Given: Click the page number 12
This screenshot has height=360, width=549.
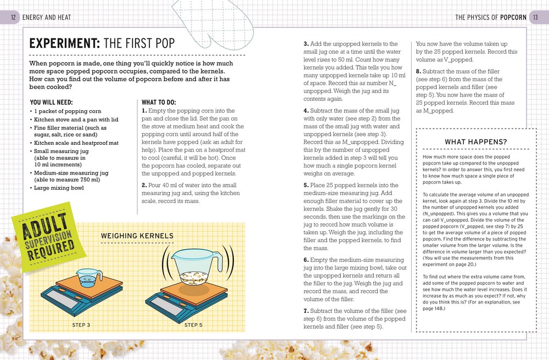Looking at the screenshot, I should pyautogui.click(x=13, y=18).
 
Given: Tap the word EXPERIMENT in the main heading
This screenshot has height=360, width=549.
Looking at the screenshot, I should pyautogui.click(x=63, y=44).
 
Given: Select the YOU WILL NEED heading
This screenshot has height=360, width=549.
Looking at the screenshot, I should pyautogui.click(x=51, y=102).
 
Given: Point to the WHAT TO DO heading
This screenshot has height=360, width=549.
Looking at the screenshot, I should pyautogui.click(x=159, y=102).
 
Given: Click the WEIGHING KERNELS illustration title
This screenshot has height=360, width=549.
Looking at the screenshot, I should pyautogui.click(x=137, y=237).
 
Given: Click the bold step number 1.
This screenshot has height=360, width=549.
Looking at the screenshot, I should pyautogui.click(x=144, y=111).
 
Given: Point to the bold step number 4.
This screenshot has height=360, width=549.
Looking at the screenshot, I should pyautogui.click(x=306, y=111).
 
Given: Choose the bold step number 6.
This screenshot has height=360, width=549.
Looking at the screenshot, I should pyautogui.click(x=306, y=260).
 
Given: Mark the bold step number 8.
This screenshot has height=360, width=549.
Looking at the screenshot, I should pyautogui.click(x=418, y=71).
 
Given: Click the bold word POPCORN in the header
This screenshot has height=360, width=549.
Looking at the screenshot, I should pyautogui.click(x=513, y=18).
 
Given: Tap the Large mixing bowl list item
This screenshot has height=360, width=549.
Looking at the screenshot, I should pyautogui.click(x=58, y=188).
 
